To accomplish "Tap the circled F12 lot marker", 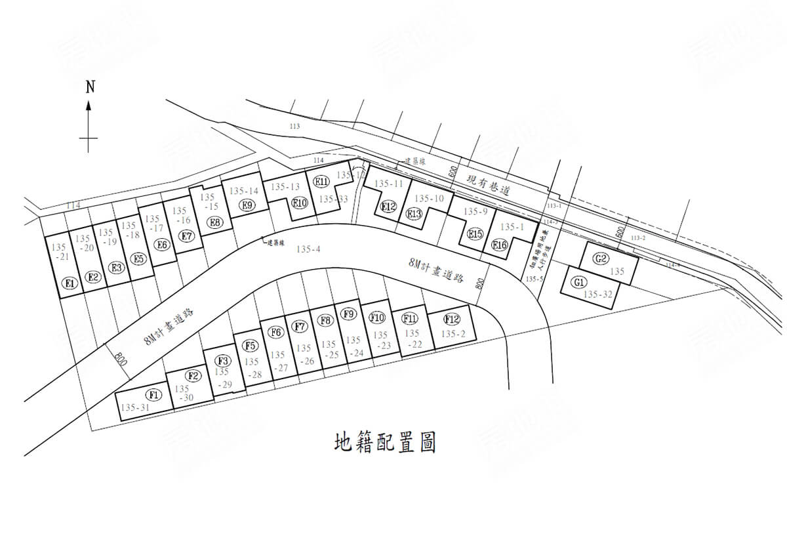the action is pos(451,319).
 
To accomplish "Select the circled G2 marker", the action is pos(601,258).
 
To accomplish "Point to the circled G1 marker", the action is pos(579,283).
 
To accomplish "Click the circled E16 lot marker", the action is pos(500,245).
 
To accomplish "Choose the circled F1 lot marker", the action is pos(153,394).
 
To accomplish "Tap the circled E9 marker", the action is pos(247,205).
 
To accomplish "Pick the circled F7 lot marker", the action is pos(300,326).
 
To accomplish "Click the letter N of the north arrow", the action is pos(90,86).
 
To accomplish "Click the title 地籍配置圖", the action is pos(385,443).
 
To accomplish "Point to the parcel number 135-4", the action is pos(308,249).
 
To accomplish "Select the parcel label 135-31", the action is pos(135,407).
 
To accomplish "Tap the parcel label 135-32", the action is pos(597,295).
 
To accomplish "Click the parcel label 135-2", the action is pos(453,334).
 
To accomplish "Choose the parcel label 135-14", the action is pos(244,191).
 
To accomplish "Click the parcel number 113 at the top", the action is pos(293,126).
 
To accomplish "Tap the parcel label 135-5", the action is pos(535,279).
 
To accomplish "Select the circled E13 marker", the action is pos(414,213).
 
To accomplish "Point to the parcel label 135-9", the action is pos(475,211).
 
